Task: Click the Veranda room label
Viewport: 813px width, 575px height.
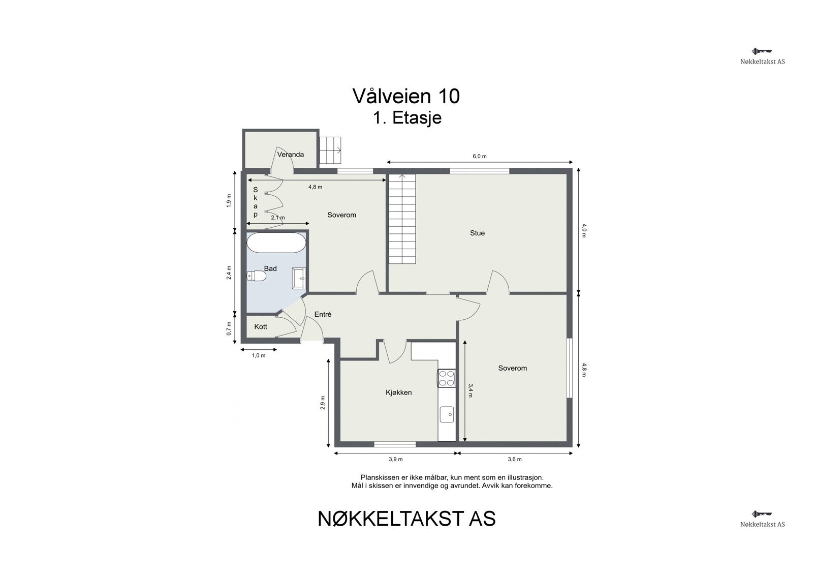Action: pos(291,155)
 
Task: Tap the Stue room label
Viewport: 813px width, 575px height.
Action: pos(477,233)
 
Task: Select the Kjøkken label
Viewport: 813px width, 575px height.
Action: pos(398,392)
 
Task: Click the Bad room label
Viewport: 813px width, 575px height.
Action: pos(270,268)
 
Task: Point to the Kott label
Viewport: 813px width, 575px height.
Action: pos(261,327)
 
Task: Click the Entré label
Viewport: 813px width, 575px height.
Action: pos(323,315)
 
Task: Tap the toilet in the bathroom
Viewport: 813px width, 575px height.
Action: pos(257,276)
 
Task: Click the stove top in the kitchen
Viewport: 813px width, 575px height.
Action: pos(447,378)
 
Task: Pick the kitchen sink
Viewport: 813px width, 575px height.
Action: pos(447,414)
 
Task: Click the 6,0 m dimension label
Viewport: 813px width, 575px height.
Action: pos(480,157)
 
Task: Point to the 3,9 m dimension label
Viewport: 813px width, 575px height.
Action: pos(396,460)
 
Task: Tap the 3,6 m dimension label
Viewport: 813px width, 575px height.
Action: pos(515,460)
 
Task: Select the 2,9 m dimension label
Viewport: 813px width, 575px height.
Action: pos(323,402)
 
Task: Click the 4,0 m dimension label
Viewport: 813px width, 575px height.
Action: pos(584,231)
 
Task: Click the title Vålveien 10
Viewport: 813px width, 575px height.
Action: pos(406,96)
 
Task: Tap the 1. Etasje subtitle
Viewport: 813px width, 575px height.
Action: pos(407,118)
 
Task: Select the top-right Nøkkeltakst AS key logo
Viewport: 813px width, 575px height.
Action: pos(762,51)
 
